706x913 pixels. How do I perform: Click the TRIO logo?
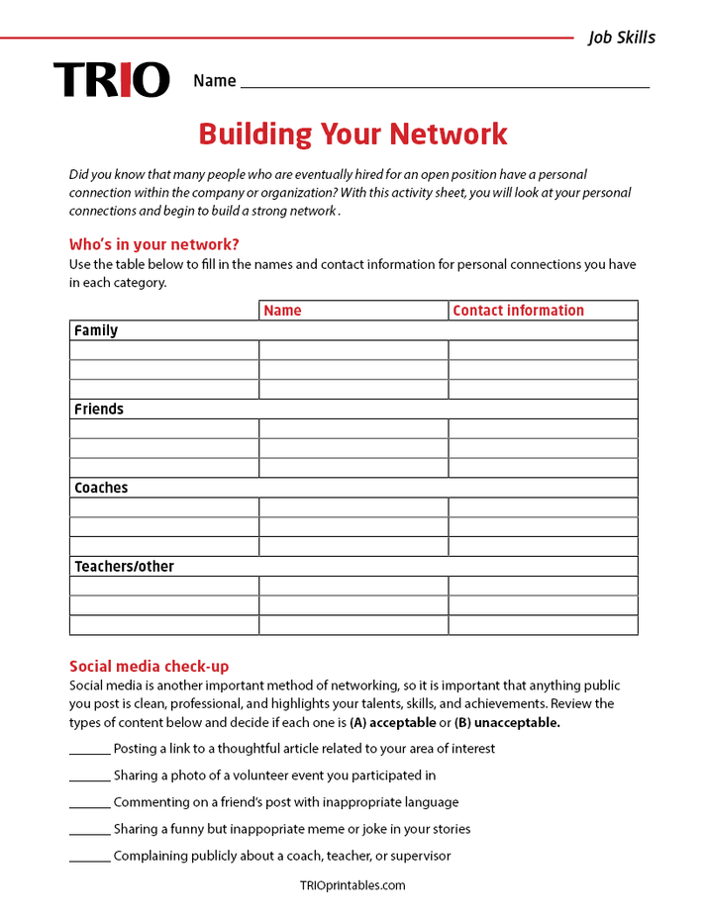click(x=111, y=80)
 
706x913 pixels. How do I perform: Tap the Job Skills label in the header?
click(x=621, y=38)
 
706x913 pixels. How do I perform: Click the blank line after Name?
click(x=445, y=83)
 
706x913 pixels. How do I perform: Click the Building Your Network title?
click(x=353, y=134)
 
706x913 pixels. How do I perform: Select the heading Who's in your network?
click(x=153, y=244)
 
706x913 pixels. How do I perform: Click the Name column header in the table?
click(x=282, y=311)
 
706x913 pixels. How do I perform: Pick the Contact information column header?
click(x=518, y=311)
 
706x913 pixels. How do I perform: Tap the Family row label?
click(x=96, y=330)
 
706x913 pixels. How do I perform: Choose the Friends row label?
click(x=99, y=409)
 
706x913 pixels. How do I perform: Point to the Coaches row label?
click(x=101, y=488)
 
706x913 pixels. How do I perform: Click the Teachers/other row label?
click(x=124, y=567)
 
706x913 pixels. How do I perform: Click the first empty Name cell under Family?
click(x=353, y=350)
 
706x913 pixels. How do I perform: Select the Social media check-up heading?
click(x=149, y=666)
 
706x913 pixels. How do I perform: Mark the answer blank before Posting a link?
click(x=89, y=750)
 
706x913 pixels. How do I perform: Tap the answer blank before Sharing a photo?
click(x=89, y=776)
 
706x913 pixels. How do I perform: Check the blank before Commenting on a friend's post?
click(x=89, y=803)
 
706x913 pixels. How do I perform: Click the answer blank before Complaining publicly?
click(x=89, y=857)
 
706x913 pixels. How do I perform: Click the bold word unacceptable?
click(x=517, y=722)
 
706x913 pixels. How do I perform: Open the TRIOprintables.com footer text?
click(x=353, y=885)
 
